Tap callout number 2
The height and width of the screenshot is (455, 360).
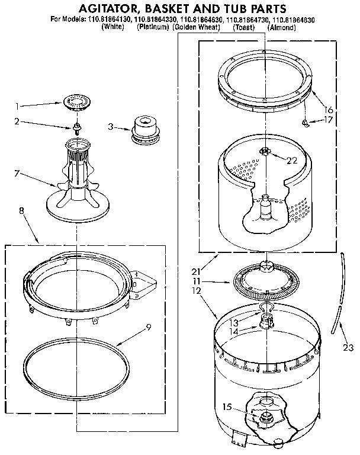[x=17, y=121]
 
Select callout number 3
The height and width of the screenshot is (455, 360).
[x=110, y=126]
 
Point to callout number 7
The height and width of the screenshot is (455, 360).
[x=17, y=174]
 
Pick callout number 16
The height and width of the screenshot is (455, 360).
[x=329, y=109]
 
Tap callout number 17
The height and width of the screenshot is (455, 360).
[x=329, y=120]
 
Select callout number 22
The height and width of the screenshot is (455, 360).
[x=291, y=160]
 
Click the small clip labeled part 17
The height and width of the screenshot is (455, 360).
[x=305, y=123]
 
